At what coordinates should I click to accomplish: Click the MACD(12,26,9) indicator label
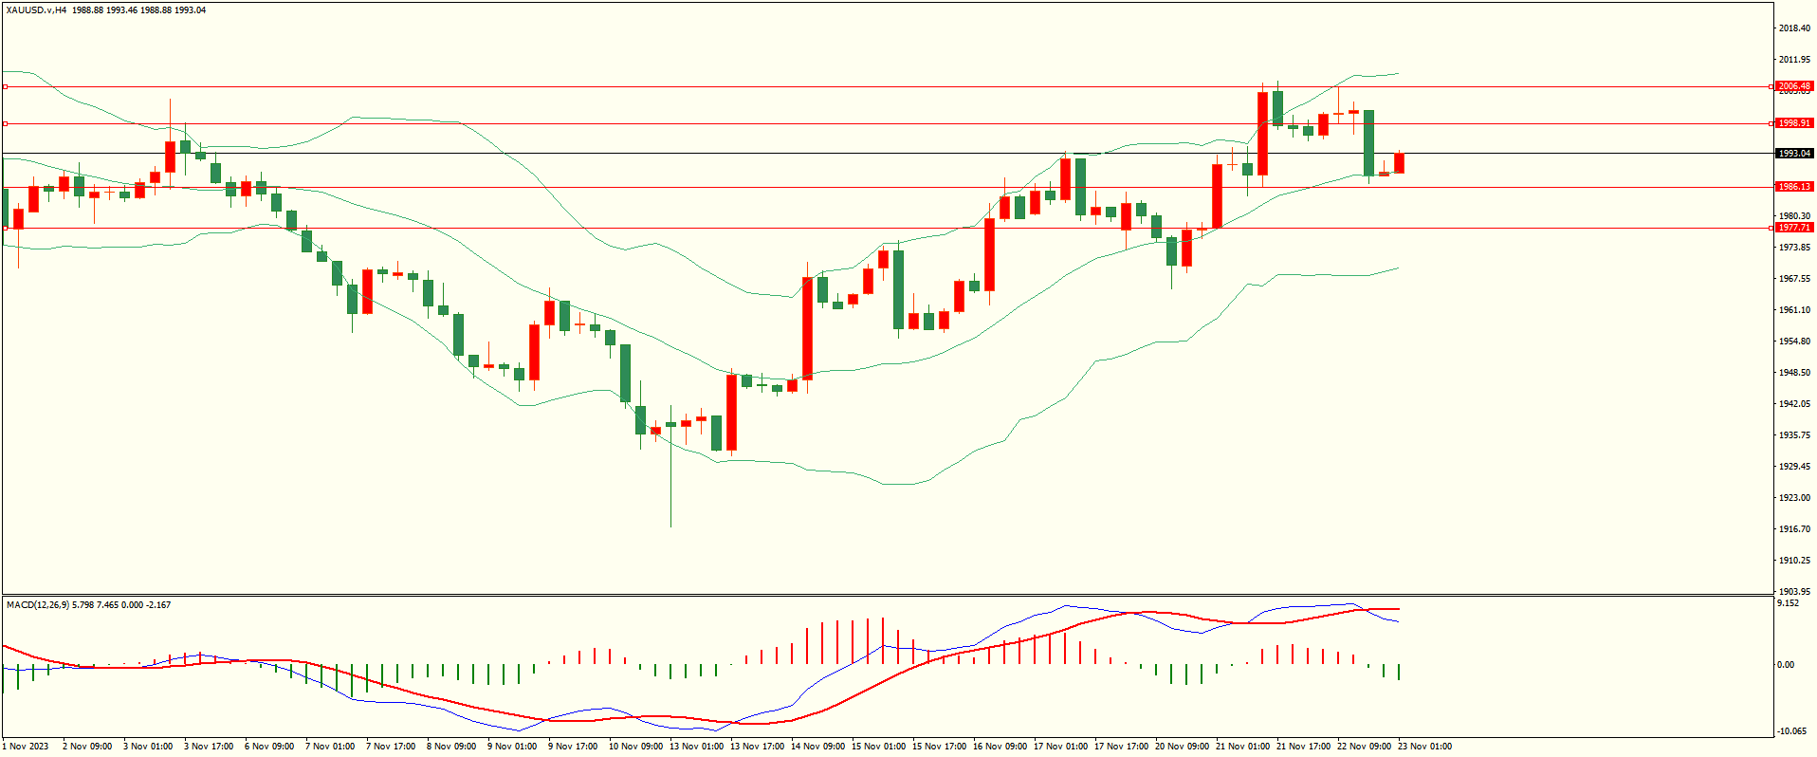tap(37, 605)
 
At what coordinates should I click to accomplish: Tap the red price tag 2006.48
tap(1793, 86)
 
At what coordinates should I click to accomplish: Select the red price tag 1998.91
tap(1793, 123)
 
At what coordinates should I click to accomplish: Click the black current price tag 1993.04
tap(1793, 154)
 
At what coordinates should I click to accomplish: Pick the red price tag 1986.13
tap(1793, 187)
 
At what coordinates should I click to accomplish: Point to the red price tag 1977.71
tap(1793, 228)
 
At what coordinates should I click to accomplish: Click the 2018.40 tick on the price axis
tap(1793, 28)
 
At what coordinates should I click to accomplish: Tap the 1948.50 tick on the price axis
tap(1793, 373)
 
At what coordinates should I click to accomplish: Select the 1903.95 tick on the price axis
tap(1793, 592)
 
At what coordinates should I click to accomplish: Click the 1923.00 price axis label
tap(1793, 498)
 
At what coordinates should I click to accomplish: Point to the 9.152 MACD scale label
tap(1788, 603)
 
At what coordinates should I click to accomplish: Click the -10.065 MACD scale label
tap(1790, 731)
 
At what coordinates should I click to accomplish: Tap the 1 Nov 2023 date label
tap(27, 747)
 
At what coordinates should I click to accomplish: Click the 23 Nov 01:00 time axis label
tap(1424, 747)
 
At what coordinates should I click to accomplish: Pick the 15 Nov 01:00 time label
tap(878, 747)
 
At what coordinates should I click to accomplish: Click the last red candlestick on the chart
tap(1399, 163)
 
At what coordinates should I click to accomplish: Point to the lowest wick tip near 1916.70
tap(671, 526)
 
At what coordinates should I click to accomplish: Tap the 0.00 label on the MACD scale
tap(1785, 665)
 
